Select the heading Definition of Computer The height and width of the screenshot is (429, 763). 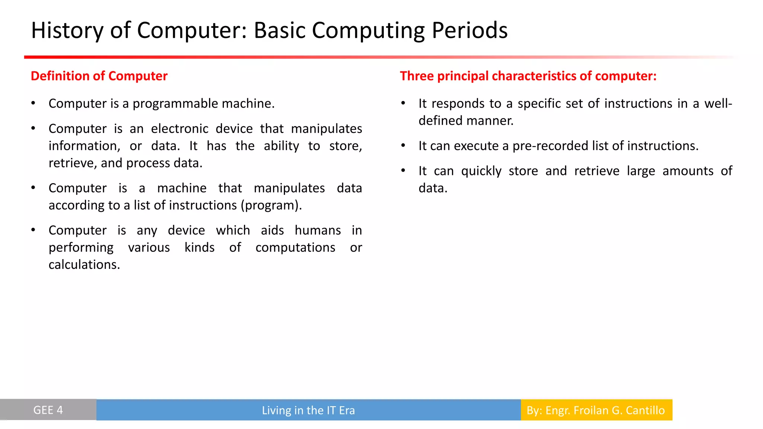pos(99,76)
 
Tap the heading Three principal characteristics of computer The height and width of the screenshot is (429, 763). pos(528,76)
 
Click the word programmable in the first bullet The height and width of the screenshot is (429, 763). pos(175,104)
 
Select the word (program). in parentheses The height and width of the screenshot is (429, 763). pos(271,206)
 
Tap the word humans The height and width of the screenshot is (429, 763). pos(317,231)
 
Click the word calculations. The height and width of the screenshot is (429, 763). pos(84,265)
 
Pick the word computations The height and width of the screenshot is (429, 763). pos(295,248)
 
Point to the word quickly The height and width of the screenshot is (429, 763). pos(481,171)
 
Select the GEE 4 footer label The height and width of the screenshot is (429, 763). pos(48,410)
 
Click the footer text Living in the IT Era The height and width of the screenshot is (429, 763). pos(308,410)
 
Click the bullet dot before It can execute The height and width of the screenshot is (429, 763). pos(403,146)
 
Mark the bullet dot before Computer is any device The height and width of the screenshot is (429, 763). pos(34,230)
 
